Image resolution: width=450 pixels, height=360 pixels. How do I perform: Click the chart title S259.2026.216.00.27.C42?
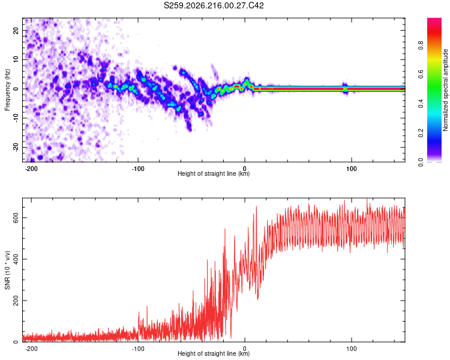click(214, 5)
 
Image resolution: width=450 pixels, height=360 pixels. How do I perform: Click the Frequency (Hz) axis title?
click(7, 90)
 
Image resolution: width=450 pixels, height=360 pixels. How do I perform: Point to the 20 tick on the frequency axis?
click(16, 30)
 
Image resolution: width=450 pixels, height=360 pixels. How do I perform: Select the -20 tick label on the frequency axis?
click(16, 148)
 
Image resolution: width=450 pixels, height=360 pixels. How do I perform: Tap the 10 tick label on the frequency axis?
click(16, 59)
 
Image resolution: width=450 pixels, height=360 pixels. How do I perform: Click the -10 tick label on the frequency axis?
click(16, 118)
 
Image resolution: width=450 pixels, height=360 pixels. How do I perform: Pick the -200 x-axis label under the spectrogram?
click(31, 169)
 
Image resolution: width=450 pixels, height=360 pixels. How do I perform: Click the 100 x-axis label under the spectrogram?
click(351, 169)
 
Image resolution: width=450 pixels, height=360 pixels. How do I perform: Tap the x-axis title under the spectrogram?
click(214, 173)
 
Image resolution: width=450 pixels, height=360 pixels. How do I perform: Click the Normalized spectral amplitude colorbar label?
click(445, 90)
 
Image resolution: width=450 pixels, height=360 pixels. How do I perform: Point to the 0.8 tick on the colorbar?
click(421, 46)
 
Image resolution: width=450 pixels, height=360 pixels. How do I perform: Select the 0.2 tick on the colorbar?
click(421, 133)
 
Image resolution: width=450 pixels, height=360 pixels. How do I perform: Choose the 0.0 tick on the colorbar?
click(421, 162)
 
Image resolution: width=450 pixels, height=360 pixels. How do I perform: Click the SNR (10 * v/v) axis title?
click(7, 270)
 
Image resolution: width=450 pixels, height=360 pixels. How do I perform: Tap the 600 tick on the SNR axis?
click(16, 218)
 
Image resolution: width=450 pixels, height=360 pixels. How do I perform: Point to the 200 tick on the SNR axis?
click(16, 301)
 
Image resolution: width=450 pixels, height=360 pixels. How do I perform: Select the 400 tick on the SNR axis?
click(16, 259)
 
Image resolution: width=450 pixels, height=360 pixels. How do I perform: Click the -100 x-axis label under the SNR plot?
click(138, 349)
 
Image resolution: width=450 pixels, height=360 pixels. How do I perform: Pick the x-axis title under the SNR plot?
click(214, 353)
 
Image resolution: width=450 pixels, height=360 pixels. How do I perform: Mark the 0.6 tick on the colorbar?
click(421, 74)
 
